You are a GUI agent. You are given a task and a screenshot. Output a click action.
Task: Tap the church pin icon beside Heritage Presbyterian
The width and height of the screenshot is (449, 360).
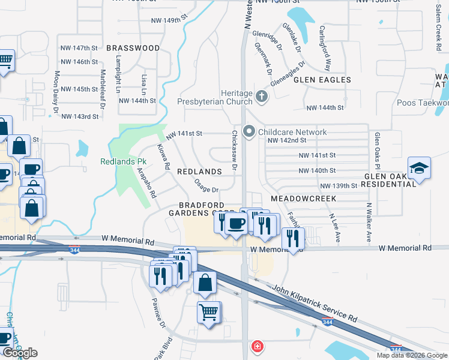261,96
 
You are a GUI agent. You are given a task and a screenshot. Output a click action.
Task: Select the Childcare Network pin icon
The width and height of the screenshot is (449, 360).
249,131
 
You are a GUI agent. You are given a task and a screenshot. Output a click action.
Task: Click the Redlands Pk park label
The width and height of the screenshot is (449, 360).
123,162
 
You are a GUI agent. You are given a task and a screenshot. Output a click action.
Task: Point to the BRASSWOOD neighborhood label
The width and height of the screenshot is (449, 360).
133,48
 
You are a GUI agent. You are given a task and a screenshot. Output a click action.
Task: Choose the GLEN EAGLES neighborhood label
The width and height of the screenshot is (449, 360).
322,80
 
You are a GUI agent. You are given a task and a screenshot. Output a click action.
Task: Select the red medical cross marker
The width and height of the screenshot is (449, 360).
257,346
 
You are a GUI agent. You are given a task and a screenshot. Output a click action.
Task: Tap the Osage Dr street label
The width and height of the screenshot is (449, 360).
206,188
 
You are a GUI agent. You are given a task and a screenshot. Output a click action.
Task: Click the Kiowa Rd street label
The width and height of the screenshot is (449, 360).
164,156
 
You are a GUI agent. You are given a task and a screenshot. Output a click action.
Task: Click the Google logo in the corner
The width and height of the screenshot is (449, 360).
20,353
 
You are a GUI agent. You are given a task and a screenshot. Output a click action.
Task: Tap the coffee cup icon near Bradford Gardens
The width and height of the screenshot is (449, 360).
235,224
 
